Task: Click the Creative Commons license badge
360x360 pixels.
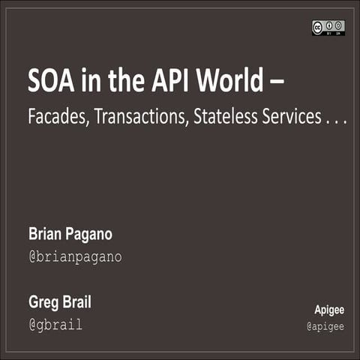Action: [x=328, y=27]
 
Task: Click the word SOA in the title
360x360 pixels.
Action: [x=51, y=81]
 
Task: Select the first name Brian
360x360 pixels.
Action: [x=45, y=235]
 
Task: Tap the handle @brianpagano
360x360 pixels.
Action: [x=75, y=257]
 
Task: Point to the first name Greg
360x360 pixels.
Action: [x=43, y=304]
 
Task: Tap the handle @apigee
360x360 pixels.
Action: [x=325, y=326]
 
